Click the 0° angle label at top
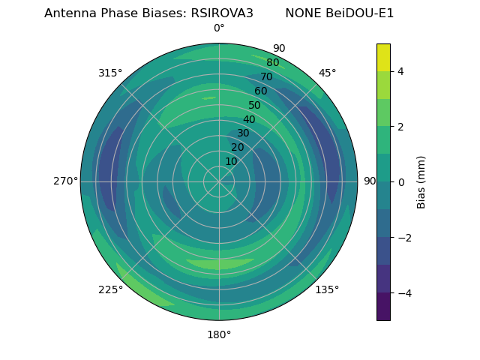tap(219, 28)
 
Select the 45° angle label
tap(327, 73)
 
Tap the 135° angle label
tap(327, 289)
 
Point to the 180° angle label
tap(219, 334)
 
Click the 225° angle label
tap(110, 289)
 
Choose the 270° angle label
tap(65, 181)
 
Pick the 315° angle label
tap(110, 73)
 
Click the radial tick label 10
tap(231, 161)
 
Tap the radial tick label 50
tap(255, 106)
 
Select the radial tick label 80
tap(273, 63)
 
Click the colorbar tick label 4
tap(400, 71)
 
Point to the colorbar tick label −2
tap(403, 238)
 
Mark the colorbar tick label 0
tap(400, 182)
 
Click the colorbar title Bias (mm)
tap(421, 182)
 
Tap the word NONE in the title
tap(301, 13)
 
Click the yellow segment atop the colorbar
tap(383, 57)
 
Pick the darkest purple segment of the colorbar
tap(383, 306)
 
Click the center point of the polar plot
tap(219, 181)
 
